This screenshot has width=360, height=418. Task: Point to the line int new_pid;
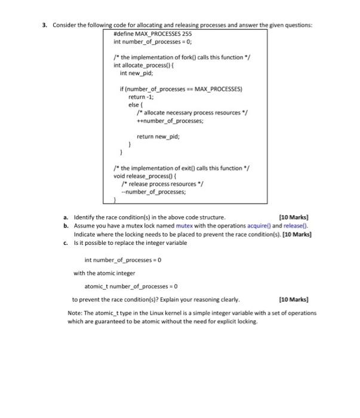pyautogui.click(x=137, y=73)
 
